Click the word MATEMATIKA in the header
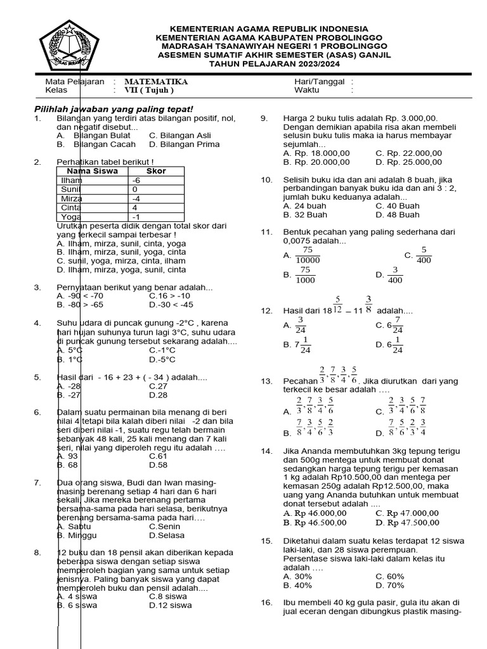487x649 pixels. tap(156, 82)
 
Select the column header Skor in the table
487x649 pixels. tap(156, 171)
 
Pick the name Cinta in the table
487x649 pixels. tap(72, 207)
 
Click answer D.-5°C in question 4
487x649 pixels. tap(162, 359)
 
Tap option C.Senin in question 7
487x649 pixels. tap(165, 526)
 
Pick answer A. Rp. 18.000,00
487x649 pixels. tap(316, 153)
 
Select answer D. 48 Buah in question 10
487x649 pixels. tap(397, 215)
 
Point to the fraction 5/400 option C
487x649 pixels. tap(424, 255)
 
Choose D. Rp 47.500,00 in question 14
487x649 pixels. tap(407, 523)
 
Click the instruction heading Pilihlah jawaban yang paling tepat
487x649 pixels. tap(113, 109)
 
